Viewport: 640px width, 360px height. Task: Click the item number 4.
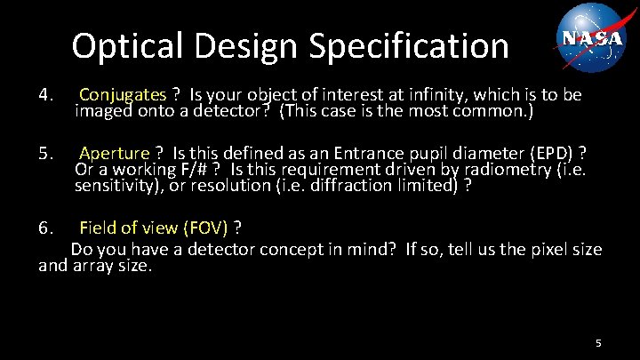[48, 94]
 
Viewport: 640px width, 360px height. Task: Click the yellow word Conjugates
[123, 94]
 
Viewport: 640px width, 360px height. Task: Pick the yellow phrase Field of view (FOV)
[154, 228]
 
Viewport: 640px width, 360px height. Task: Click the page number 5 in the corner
[598, 342]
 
